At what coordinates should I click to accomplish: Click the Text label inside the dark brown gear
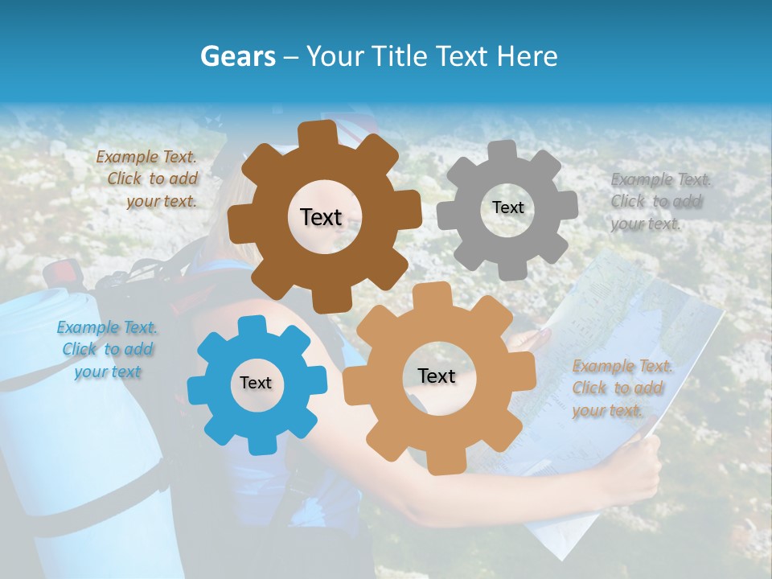click(321, 217)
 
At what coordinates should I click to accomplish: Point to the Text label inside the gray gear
click(507, 207)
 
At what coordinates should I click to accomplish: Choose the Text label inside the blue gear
click(256, 383)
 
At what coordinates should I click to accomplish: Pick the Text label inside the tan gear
click(437, 376)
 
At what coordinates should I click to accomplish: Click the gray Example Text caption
click(660, 202)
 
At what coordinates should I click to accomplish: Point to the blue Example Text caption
click(107, 349)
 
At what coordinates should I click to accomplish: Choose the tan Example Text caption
click(622, 388)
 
